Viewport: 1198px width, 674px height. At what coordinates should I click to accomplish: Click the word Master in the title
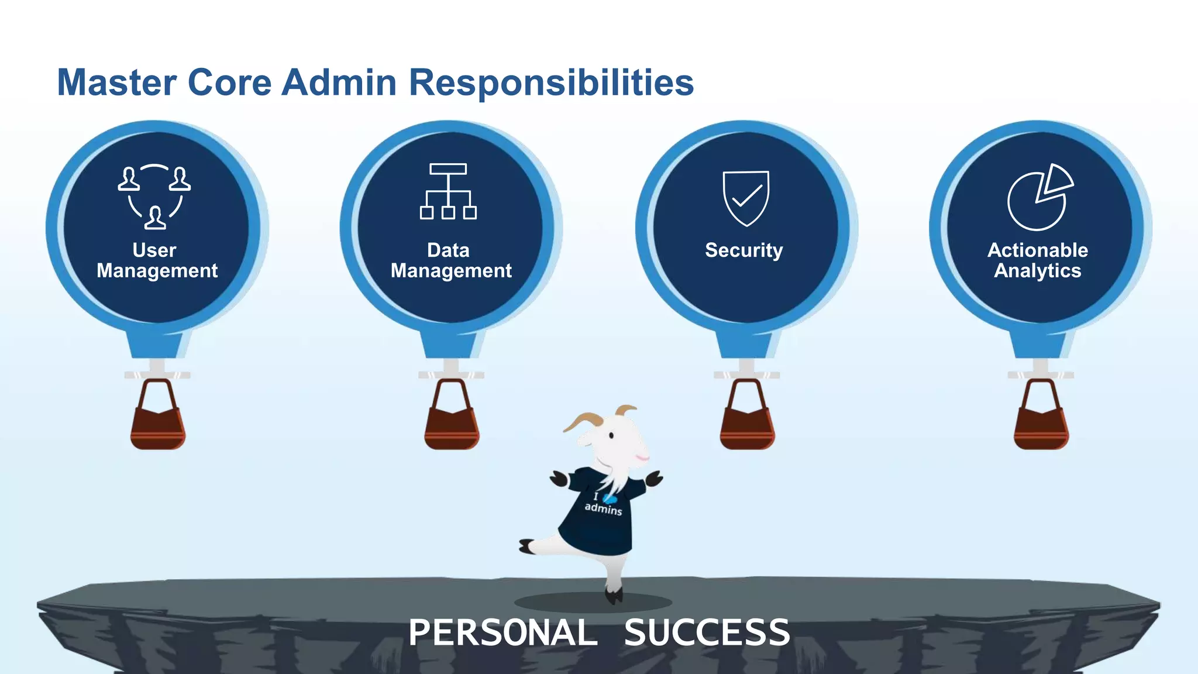[x=116, y=82]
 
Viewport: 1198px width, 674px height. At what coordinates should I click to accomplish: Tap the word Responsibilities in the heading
[x=551, y=82]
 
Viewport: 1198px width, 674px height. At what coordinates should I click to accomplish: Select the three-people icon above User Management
[x=154, y=197]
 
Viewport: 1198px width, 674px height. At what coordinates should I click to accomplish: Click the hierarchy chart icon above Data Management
[x=448, y=191]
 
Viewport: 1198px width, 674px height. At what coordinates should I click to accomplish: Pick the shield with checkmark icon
[x=746, y=198]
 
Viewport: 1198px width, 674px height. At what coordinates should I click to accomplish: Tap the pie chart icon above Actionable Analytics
[x=1039, y=197]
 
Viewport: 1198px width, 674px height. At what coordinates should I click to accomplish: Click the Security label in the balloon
[x=743, y=250]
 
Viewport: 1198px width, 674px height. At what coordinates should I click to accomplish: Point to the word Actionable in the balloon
[x=1038, y=250]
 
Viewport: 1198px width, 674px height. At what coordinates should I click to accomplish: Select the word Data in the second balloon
[x=448, y=250]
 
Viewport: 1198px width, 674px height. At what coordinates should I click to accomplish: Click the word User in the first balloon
[x=154, y=250]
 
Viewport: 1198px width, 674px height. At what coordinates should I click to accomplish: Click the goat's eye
[x=611, y=436]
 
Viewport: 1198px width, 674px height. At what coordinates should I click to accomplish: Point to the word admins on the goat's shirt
[x=603, y=509]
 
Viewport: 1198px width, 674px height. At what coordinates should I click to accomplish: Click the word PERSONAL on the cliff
[x=502, y=633]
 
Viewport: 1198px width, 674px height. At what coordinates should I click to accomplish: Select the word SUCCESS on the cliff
[x=707, y=633]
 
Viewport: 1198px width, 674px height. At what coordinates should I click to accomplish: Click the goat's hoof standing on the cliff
[x=614, y=597]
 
